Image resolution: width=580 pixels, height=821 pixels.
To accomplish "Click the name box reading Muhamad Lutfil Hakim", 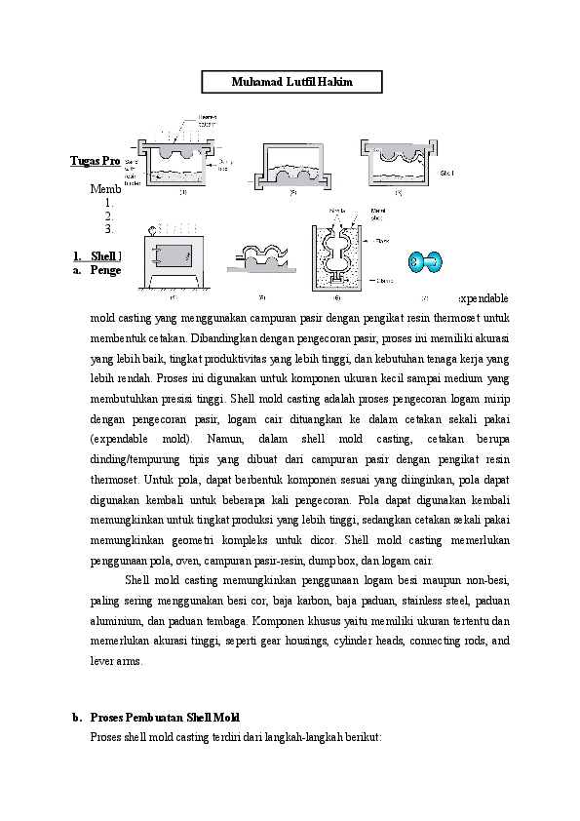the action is (x=291, y=82).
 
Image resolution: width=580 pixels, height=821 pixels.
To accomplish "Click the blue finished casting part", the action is (x=425, y=261).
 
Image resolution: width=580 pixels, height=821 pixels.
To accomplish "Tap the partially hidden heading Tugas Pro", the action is (x=95, y=160).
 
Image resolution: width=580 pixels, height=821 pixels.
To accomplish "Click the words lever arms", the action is (x=116, y=661).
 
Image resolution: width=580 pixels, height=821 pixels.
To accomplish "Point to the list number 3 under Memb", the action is (x=109, y=230).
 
